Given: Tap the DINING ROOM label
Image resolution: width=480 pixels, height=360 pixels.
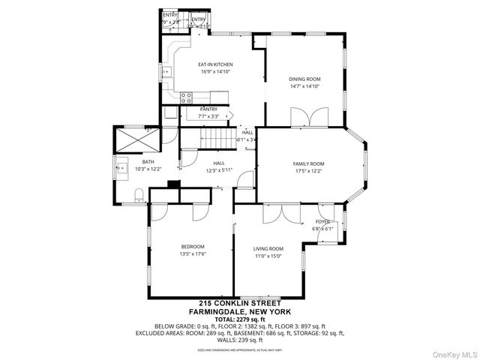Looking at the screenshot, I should point(304,79).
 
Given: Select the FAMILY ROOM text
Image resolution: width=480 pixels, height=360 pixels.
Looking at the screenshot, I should point(307,163).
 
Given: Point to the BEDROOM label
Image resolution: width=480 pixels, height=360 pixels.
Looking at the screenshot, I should point(192,247).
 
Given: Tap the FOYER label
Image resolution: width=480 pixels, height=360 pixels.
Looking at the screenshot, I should point(322,222).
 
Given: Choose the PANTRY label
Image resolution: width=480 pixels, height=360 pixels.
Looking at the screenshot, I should point(208,109).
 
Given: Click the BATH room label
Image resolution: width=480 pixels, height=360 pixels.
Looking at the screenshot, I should point(148,162).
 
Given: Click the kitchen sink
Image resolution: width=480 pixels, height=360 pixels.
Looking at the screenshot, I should point(166,73).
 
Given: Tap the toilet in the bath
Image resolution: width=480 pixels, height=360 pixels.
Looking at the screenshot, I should point(138,196).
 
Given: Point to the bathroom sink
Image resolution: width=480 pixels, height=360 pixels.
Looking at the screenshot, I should point(121,166).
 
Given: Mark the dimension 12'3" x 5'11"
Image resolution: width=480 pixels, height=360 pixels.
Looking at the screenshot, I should point(218,169).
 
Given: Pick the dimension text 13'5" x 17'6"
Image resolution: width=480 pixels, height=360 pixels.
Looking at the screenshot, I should point(192,254).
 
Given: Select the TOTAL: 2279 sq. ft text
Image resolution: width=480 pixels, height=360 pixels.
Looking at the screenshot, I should point(239,318).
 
